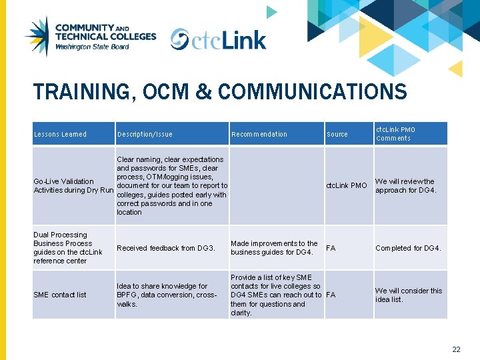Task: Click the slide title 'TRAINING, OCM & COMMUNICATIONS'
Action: (x=220, y=91)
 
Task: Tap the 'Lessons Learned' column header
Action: (x=60, y=135)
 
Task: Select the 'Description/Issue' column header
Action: (x=145, y=135)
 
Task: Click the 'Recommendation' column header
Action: (x=259, y=135)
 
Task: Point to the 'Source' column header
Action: (x=337, y=135)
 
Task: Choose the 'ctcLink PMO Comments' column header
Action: (x=396, y=134)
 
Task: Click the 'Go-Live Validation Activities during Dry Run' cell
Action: (x=73, y=186)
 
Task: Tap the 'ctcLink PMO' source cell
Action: (x=346, y=185)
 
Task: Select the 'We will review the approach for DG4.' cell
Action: (x=405, y=185)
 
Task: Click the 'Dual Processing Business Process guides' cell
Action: (x=68, y=248)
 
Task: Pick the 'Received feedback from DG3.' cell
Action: (x=166, y=249)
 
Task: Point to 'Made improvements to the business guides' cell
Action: (x=274, y=248)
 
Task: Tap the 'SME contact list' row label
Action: (x=60, y=295)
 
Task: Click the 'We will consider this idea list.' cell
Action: (x=409, y=295)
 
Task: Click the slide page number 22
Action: (x=456, y=349)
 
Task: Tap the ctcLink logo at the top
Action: (x=218, y=40)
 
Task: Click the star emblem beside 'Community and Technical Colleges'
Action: (x=37, y=37)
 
